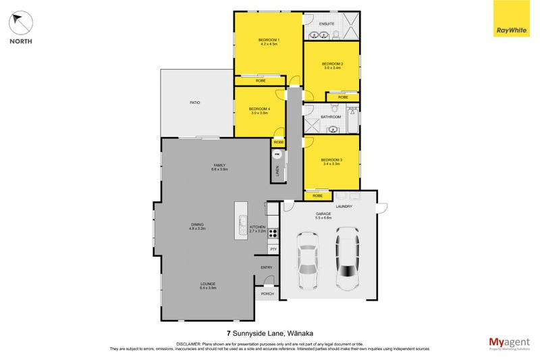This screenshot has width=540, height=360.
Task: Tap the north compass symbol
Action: coord(20,24)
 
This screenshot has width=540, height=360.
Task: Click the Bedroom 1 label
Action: coord(269,40)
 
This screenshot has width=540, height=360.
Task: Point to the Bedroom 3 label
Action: coord(332,159)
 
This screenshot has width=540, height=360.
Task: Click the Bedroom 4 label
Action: coord(259,109)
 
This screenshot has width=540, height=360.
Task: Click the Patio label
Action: coord(194,103)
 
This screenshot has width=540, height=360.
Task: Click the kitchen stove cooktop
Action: coord(273,234)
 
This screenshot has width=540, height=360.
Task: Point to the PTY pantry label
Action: coord(273,249)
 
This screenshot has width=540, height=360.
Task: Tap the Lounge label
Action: coord(209,284)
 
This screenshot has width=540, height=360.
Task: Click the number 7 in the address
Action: coord(228,332)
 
